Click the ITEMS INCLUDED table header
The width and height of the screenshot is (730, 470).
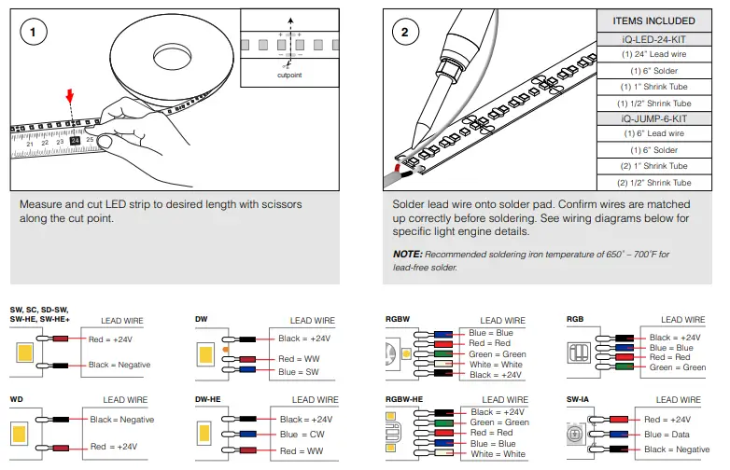[x=653, y=21]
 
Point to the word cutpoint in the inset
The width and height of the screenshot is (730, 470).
[x=290, y=74]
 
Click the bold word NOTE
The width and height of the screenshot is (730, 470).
[x=407, y=254]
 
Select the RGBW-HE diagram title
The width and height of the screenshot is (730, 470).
[x=404, y=397]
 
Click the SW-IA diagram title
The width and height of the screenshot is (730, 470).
[x=580, y=397]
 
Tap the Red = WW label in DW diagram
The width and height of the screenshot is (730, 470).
[x=298, y=358]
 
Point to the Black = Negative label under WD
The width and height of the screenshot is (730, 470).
[x=121, y=420]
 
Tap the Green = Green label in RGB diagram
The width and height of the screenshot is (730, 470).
[x=678, y=367]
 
